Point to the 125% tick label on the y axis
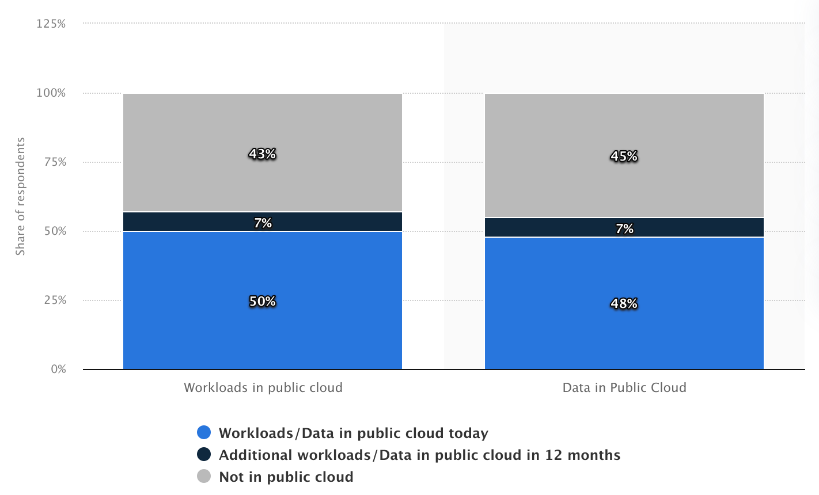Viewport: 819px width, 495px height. click(x=51, y=24)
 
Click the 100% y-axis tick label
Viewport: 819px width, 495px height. click(x=51, y=93)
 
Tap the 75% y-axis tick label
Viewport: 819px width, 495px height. click(x=55, y=162)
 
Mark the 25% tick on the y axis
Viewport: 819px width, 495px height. click(x=55, y=300)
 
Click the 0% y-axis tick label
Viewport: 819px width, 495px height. click(x=58, y=370)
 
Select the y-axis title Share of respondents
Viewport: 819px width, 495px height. click(x=21, y=196)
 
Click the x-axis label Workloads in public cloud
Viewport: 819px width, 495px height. click(x=263, y=388)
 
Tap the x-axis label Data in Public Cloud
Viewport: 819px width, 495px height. click(x=624, y=388)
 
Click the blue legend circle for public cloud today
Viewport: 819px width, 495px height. click(x=204, y=433)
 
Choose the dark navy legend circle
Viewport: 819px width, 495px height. click(x=204, y=455)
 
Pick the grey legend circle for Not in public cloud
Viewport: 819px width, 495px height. click(x=204, y=477)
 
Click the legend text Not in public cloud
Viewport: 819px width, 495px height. click(x=286, y=477)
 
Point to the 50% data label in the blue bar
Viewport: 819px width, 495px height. click(x=263, y=302)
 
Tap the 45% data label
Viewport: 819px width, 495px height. click(x=624, y=157)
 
